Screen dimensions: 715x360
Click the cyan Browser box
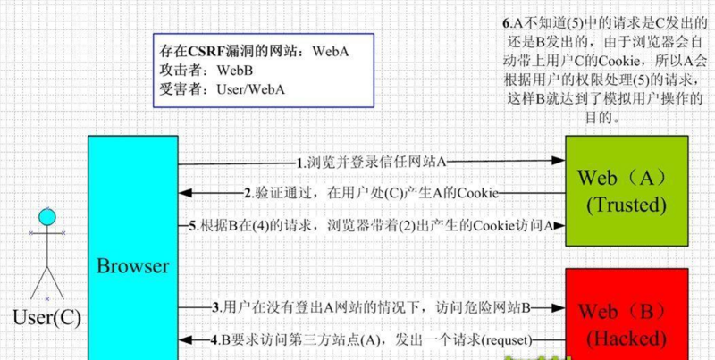tap(132, 248)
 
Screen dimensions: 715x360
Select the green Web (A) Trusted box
tap(627, 191)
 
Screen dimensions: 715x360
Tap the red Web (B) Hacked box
tap(627, 314)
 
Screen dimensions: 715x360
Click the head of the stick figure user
tap(46, 217)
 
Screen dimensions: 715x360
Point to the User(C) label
tap(47, 318)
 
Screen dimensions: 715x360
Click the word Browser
tap(132, 265)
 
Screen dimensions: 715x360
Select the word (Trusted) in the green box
tap(627, 205)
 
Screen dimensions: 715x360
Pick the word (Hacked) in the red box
tap(627, 339)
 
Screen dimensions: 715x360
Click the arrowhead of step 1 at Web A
tap(559, 161)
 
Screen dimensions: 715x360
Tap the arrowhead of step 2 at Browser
tap(185, 193)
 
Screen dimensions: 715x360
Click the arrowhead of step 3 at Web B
tap(559, 308)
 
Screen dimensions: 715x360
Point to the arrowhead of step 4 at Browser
tap(185, 340)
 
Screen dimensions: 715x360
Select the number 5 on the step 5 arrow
tap(192, 226)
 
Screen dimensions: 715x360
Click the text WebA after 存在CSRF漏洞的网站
tap(331, 52)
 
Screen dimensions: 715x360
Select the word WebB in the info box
tap(235, 71)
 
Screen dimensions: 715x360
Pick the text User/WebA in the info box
tap(250, 89)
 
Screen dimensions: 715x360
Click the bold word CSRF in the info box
tap(202, 52)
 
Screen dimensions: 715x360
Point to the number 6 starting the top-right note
tap(505, 23)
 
